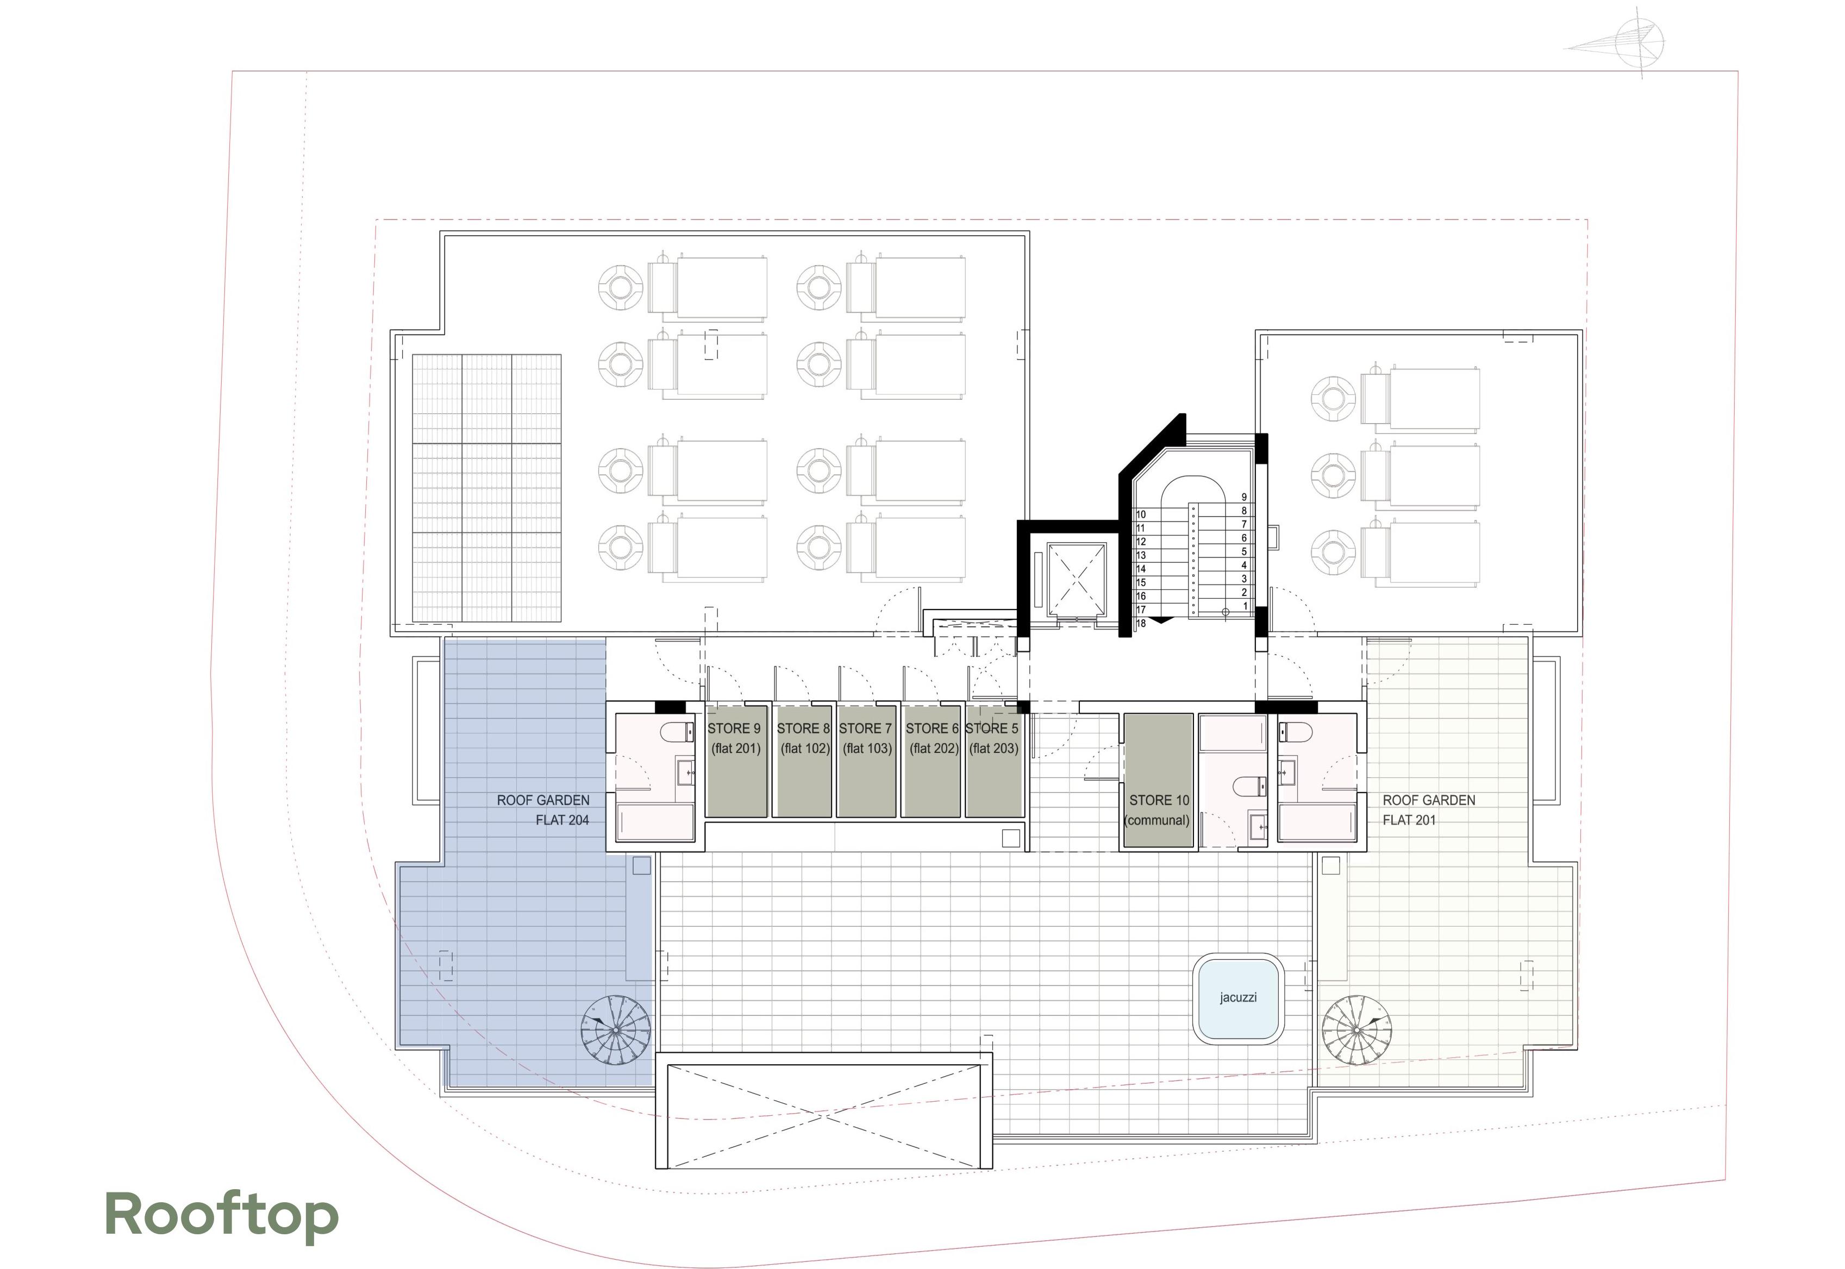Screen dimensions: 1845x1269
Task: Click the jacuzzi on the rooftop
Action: [1238, 998]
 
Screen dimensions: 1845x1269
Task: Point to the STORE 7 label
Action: [865, 728]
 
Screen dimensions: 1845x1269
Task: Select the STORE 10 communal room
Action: [1159, 781]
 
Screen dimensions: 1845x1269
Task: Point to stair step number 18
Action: [1141, 624]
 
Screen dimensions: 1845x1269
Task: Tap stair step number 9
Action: [1244, 498]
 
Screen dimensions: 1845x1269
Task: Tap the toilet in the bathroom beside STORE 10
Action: [1249, 787]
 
